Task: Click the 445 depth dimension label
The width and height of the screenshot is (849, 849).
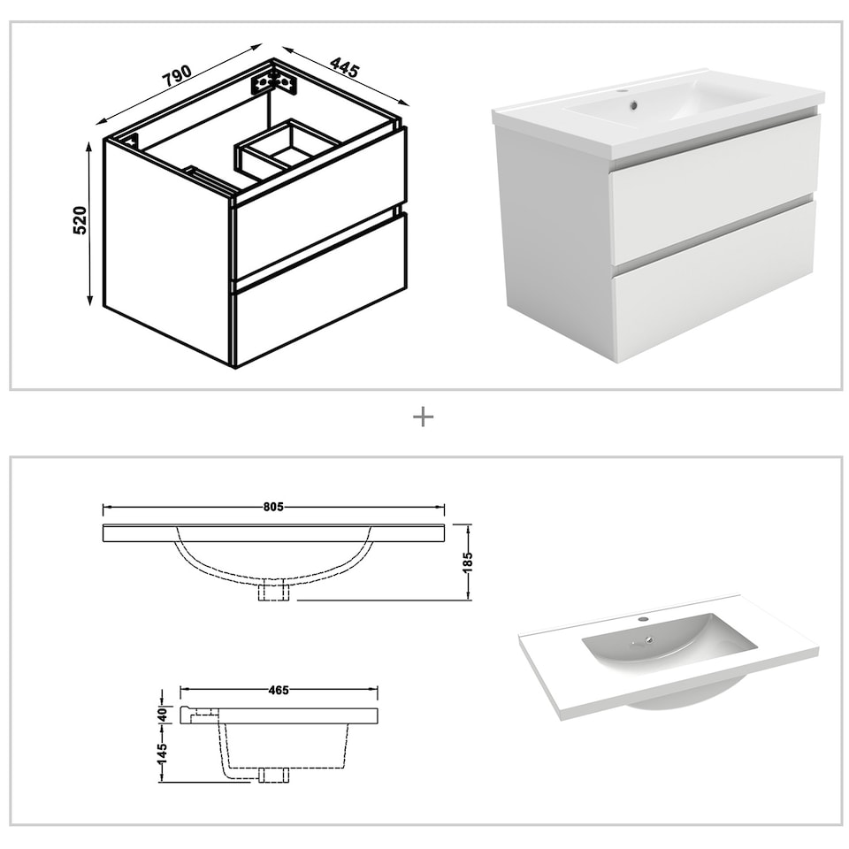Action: (x=345, y=67)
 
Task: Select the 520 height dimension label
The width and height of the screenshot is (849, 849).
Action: (x=80, y=221)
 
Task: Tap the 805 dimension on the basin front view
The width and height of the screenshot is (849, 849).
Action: (x=272, y=508)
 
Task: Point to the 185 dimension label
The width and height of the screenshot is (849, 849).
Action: (x=469, y=562)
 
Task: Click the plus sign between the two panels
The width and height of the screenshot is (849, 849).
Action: (x=424, y=417)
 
